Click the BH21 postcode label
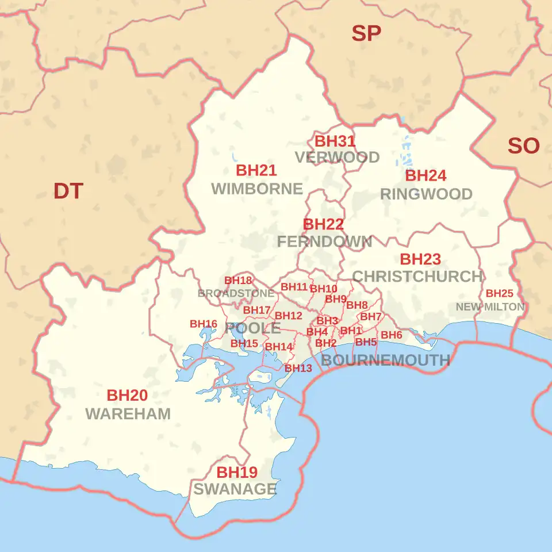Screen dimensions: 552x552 point(256,170)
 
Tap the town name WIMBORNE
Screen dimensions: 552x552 point(256,189)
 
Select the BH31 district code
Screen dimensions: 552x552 point(335,141)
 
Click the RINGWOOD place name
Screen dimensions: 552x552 point(426,194)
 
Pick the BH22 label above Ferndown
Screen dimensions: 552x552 point(323,224)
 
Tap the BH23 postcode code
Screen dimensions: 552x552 point(420,259)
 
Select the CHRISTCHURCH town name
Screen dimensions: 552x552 point(417,277)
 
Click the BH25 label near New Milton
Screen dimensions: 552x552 point(499,293)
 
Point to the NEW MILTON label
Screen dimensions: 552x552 point(490,307)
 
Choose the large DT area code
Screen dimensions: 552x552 point(68,191)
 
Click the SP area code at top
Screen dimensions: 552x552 point(366,34)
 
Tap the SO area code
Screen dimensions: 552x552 point(523,146)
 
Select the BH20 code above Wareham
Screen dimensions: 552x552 point(127,396)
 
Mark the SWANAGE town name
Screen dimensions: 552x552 point(235,489)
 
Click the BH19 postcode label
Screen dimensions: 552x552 point(237,473)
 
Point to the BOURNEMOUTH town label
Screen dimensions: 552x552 point(385,361)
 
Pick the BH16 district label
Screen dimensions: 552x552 point(204,324)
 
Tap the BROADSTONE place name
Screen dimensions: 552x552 point(236,293)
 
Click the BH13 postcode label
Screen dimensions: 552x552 point(298,368)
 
